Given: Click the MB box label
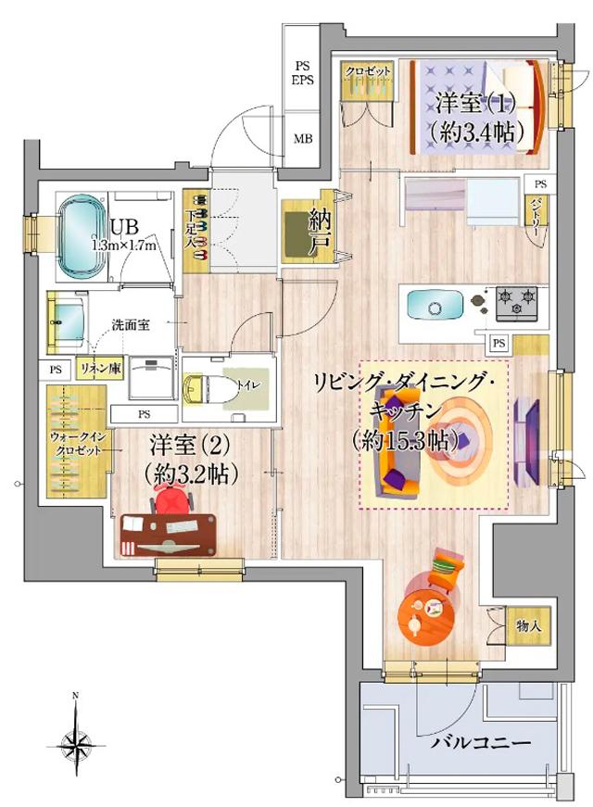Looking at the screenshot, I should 303,140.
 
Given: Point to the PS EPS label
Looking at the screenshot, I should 303,73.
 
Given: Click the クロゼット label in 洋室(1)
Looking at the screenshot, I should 368,71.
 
